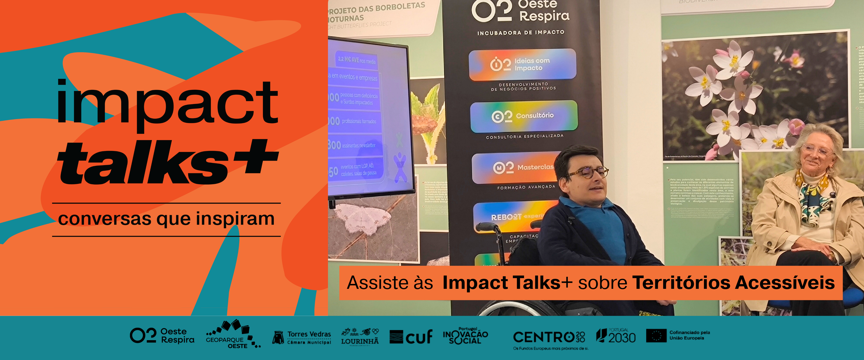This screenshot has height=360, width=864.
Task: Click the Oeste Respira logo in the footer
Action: (x=162, y=335)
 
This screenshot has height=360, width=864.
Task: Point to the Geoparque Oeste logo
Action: (x=233, y=334)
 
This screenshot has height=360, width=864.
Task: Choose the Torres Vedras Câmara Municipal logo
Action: (x=302, y=338)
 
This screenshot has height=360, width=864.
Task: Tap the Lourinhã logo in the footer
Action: (x=359, y=337)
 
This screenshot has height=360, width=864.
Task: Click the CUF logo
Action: (x=411, y=337)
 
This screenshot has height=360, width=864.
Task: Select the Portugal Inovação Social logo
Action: (x=465, y=335)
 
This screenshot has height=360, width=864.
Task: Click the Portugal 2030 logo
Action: (x=616, y=336)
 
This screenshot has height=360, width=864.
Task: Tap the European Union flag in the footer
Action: (x=656, y=335)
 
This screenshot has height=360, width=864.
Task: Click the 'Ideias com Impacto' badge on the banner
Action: (x=522, y=65)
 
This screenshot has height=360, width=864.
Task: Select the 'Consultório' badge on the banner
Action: (x=524, y=116)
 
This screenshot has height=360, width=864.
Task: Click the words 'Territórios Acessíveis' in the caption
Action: (x=733, y=283)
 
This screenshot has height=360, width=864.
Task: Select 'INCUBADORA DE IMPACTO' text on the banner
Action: (x=520, y=33)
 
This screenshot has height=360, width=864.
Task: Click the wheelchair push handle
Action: (x=487, y=227)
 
